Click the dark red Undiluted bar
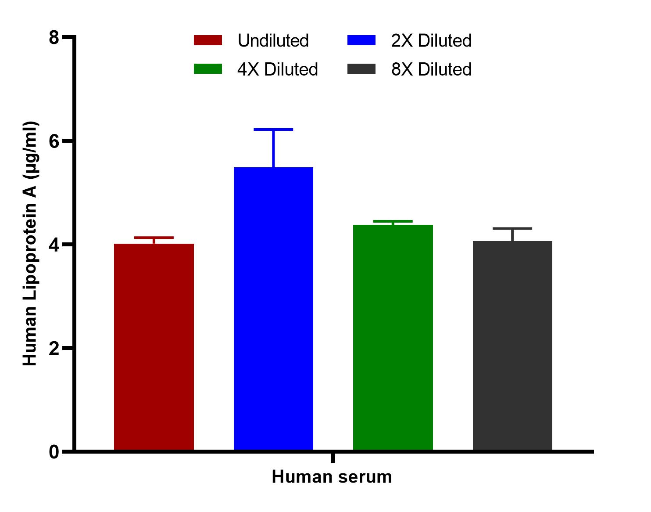154,347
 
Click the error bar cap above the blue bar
273,130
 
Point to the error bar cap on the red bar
154,238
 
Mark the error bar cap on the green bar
393,221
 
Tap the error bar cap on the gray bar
512,229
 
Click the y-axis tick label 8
54,38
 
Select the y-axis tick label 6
54,141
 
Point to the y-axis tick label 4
54,245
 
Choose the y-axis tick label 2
54,348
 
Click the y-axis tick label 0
54,452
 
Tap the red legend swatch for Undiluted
208,40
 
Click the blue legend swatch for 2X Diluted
361,40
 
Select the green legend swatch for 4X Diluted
208,69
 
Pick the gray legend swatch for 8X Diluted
361,69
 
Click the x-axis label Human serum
332,477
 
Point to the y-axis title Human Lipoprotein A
30,244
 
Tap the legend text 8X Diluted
431,69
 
